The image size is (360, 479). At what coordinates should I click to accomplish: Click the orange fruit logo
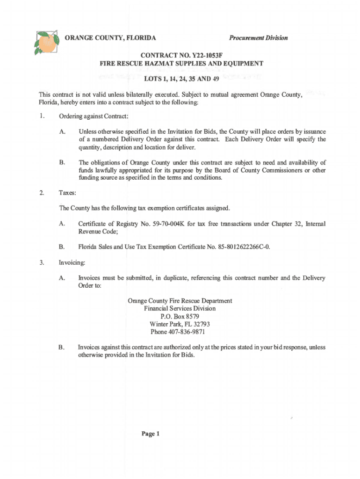(x=46, y=43)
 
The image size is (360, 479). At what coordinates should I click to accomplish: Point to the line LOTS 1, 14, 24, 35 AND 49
(x=180, y=79)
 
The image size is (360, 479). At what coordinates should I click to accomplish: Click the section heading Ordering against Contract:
(x=94, y=116)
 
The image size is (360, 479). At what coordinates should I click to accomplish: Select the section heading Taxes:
(x=67, y=192)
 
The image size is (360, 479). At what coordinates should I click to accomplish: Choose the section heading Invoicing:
(x=72, y=262)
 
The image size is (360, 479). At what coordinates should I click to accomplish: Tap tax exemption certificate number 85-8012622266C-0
(x=240, y=247)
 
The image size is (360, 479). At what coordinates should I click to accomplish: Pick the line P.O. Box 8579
(x=180, y=316)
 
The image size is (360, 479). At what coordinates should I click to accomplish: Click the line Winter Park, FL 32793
(x=180, y=324)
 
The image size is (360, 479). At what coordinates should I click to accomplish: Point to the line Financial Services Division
(x=180, y=309)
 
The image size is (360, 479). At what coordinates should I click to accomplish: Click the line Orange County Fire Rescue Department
(x=180, y=301)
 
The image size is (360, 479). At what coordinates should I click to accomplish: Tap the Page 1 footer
(x=151, y=434)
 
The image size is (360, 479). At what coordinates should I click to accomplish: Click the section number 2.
(x=42, y=192)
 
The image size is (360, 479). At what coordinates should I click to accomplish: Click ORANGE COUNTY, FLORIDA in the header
(x=110, y=38)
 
